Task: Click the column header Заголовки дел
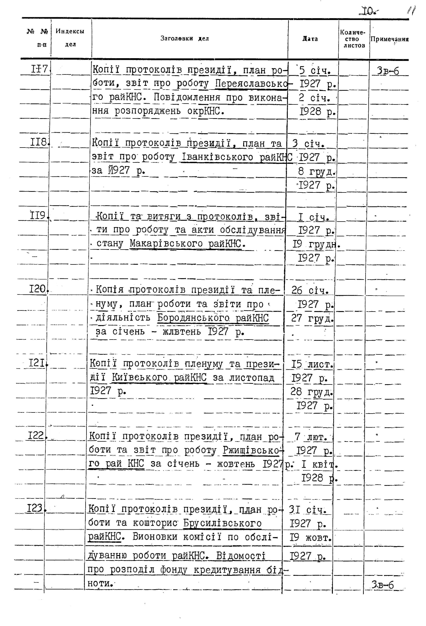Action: tap(185, 39)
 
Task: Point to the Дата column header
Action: tap(310, 39)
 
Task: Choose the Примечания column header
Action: tap(389, 39)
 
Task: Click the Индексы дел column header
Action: tap(70, 38)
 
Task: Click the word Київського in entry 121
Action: tap(140, 377)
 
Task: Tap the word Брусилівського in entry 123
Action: tap(222, 523)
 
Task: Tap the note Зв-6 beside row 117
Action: tap(388, 71)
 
